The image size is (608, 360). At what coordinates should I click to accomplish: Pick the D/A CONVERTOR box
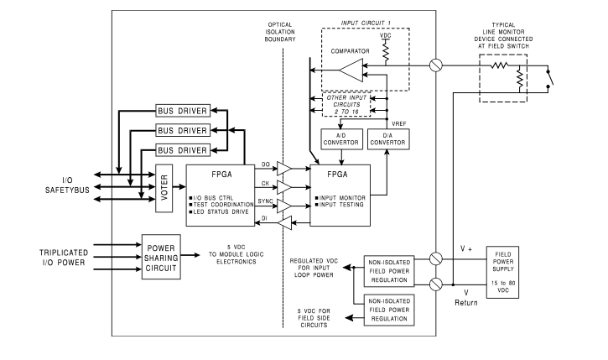pos(388,139)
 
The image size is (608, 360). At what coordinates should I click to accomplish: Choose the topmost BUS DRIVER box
pos(183,112)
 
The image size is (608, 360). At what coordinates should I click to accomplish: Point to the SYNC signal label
pos(265,201)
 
